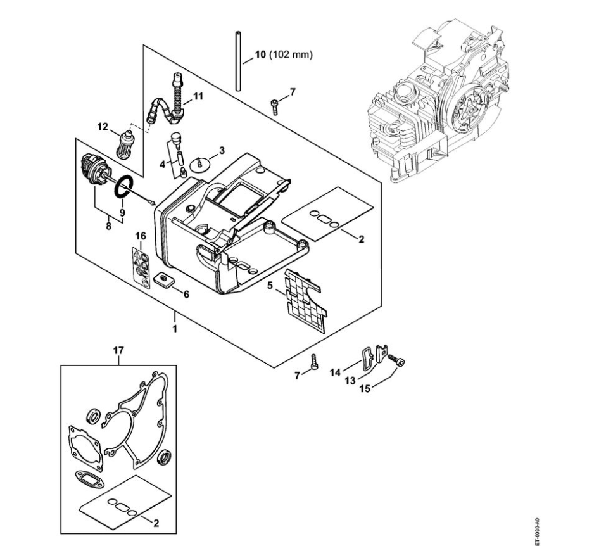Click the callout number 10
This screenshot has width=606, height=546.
point(260,55)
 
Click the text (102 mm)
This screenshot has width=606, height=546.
point(291,55)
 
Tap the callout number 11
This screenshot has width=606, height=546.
point(198,96)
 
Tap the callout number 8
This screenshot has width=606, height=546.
point(108,224)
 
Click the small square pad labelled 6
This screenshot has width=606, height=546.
point(165,279)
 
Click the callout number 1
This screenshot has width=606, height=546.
point(175,329)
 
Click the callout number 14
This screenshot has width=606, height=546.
point(336,372)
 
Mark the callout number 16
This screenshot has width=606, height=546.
point(141,236)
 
